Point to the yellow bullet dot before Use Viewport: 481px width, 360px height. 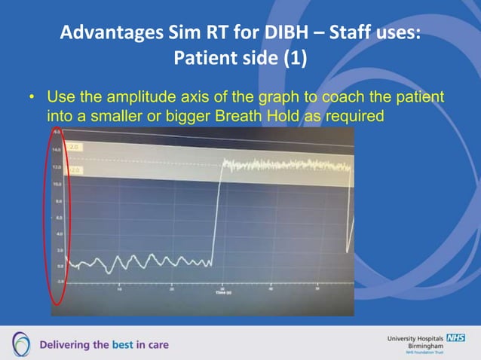32,99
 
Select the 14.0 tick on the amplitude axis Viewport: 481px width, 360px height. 57,150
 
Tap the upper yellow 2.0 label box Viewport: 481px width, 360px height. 75,146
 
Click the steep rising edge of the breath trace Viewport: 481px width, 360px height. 216,211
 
